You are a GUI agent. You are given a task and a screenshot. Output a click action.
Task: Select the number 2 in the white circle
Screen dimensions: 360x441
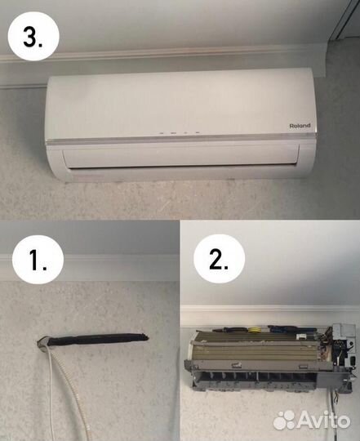219,259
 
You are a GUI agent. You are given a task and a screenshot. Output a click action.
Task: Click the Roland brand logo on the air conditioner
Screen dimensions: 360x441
300,126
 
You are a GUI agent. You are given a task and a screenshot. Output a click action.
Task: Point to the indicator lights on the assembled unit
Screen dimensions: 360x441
180,132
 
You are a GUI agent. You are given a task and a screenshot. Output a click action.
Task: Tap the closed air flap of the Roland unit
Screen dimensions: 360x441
180,157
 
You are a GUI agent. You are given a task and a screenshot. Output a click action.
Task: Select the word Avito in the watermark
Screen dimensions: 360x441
323,421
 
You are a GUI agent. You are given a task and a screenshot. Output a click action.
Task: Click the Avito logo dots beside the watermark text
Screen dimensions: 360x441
284,421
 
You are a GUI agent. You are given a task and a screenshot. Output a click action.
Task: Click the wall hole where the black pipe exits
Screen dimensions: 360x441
42,342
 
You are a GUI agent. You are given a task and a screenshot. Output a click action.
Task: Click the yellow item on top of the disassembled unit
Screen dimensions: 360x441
254,330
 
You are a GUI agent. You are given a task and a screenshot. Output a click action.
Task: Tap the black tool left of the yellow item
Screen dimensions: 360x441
229,329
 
